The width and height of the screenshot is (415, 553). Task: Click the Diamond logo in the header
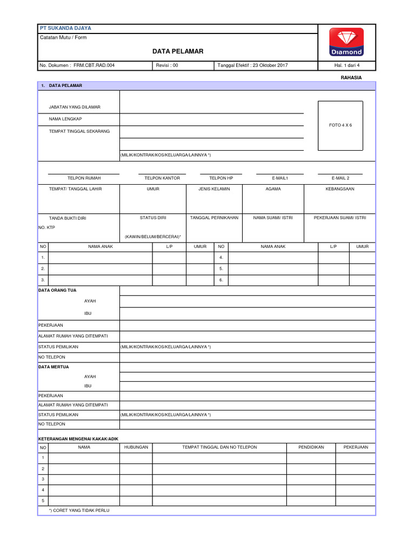[x=347, y=42]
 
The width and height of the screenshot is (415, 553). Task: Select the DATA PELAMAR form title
[x=178, y=51]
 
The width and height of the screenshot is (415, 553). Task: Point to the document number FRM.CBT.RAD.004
[x=94, y=65]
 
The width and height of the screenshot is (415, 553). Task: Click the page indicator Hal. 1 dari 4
[x=347, y=65]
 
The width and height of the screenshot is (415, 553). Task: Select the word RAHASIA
[x=351, y=78]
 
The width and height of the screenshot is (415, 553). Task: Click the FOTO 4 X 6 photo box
[x=340, y=125]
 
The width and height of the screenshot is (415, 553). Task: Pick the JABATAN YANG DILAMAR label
[x=75, y=107]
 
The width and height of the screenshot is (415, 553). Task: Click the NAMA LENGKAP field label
[x=65, y=119]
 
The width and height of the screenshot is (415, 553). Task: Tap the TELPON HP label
[x=221, y=178]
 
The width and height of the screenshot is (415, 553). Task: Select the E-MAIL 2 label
[x=340, y=178]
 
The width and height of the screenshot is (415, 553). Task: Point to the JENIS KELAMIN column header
[x=214, y=189]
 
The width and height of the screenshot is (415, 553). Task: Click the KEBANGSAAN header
[x=340, y=189]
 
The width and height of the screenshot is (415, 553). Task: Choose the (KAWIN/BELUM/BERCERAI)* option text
[x=153, y=237]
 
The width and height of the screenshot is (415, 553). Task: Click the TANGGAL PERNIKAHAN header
[x=214, y=218]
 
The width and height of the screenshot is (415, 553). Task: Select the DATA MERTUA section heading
[x=53, y=367]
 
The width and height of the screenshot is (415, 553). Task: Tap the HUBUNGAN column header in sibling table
[x=136, y=447]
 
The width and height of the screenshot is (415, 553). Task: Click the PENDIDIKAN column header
[x=311, y=447]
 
